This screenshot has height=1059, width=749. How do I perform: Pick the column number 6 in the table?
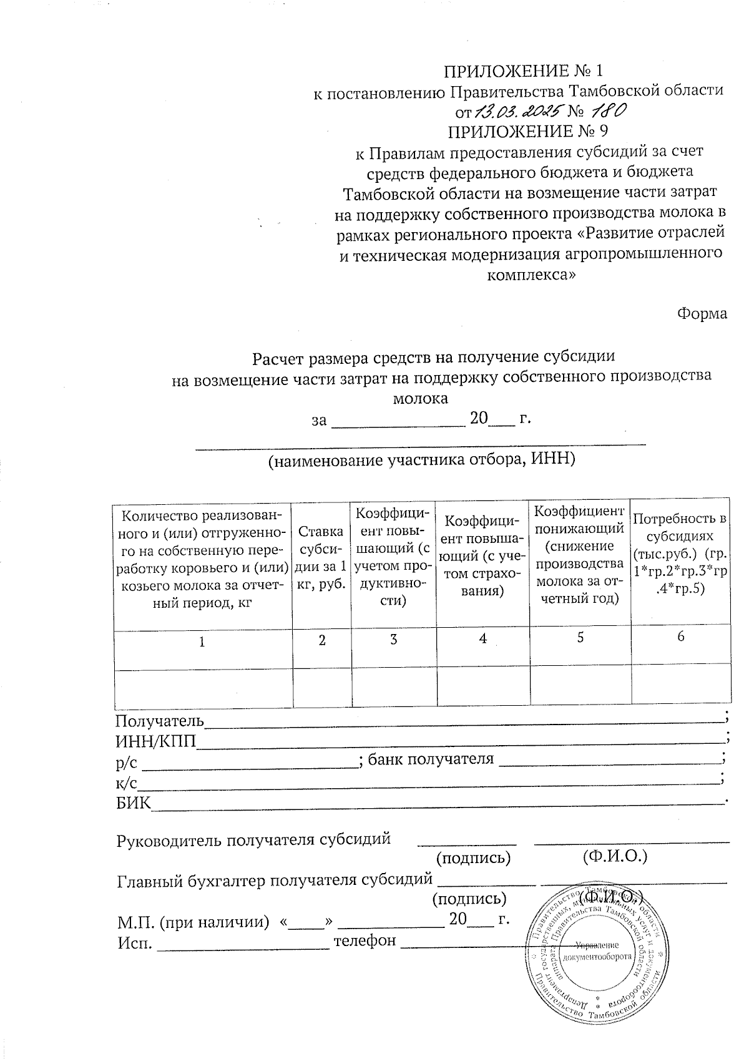(680, 636)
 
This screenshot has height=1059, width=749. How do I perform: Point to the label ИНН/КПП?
(156, 741)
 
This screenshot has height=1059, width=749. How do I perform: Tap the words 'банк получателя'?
(431, 759)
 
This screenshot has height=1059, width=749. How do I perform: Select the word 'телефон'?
(365, 940)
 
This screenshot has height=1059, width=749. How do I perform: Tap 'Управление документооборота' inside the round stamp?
(597, 950)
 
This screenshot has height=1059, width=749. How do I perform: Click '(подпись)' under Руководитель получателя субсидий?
(474, 857)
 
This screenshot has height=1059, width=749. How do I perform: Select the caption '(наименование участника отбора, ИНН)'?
(421, 461)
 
